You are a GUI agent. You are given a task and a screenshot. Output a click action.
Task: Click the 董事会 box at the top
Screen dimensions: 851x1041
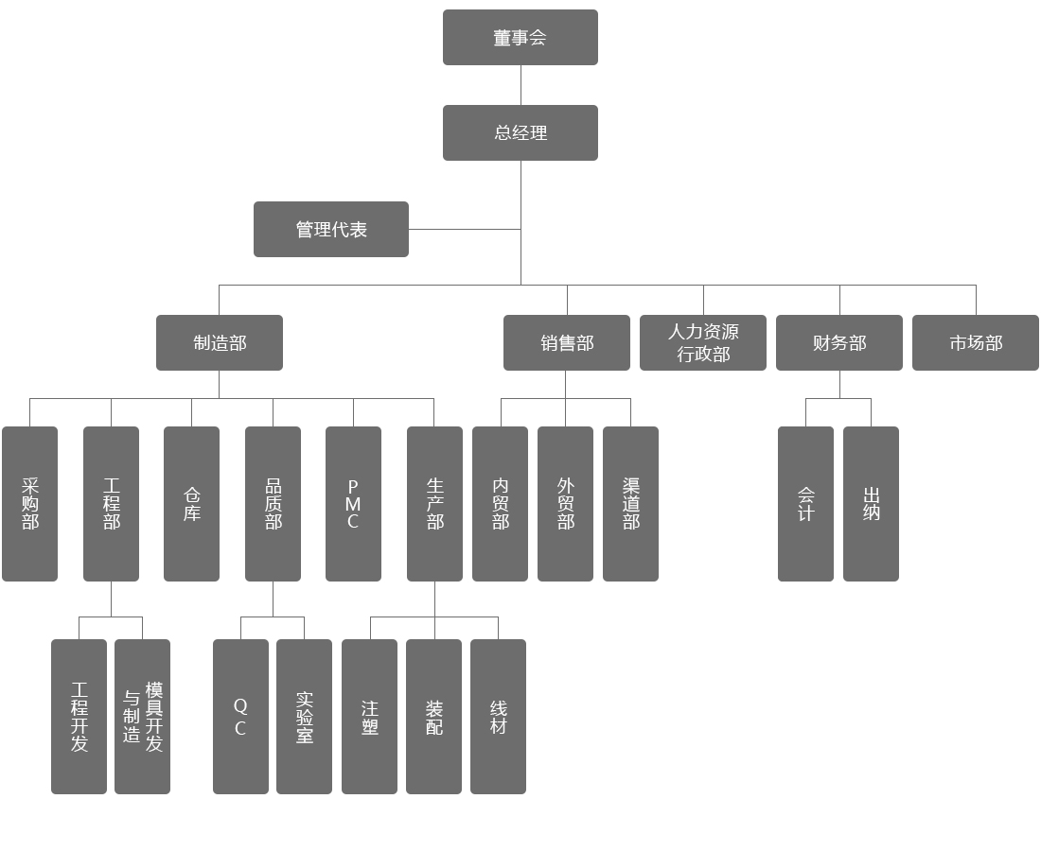(520, 38)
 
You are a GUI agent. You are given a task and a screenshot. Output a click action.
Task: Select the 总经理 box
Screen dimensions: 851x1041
(520, 132)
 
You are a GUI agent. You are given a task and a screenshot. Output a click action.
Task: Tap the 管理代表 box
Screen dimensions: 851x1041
(330, 229)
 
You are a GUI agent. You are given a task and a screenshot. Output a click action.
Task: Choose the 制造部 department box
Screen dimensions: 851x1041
(219, 342)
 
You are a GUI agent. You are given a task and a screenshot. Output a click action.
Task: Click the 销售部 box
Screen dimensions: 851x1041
(566, 342)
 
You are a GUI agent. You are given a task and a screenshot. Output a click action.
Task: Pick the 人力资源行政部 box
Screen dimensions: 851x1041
(702, 342)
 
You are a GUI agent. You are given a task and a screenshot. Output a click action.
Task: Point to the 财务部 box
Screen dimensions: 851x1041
(838, 342)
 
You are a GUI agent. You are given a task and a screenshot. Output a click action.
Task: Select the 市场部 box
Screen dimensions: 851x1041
(975, 342)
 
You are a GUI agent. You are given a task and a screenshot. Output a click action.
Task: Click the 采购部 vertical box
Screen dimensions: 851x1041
(29, 503)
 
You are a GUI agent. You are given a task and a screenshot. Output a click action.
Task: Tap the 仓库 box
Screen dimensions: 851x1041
(191, 503)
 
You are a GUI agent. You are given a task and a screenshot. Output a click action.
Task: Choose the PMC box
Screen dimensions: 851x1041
(353, 503)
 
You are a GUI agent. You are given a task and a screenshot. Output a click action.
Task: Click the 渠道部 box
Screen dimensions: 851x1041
(630, 503)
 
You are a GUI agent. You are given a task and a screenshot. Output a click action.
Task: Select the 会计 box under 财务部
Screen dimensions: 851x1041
(805, 503)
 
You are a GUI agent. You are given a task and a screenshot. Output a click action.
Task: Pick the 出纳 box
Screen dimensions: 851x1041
(871, 503)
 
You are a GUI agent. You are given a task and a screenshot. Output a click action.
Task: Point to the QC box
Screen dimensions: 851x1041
(240, 716)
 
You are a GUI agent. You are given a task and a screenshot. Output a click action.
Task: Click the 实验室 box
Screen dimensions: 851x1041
(304, 716)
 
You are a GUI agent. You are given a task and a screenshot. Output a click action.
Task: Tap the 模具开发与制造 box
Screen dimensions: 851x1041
(142, 716)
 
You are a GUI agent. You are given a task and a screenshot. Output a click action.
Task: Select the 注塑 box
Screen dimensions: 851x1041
(369, 716)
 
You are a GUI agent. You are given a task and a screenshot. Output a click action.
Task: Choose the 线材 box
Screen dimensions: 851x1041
(498, 716)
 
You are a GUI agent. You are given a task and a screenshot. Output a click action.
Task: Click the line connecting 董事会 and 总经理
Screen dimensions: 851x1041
(520, 85)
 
